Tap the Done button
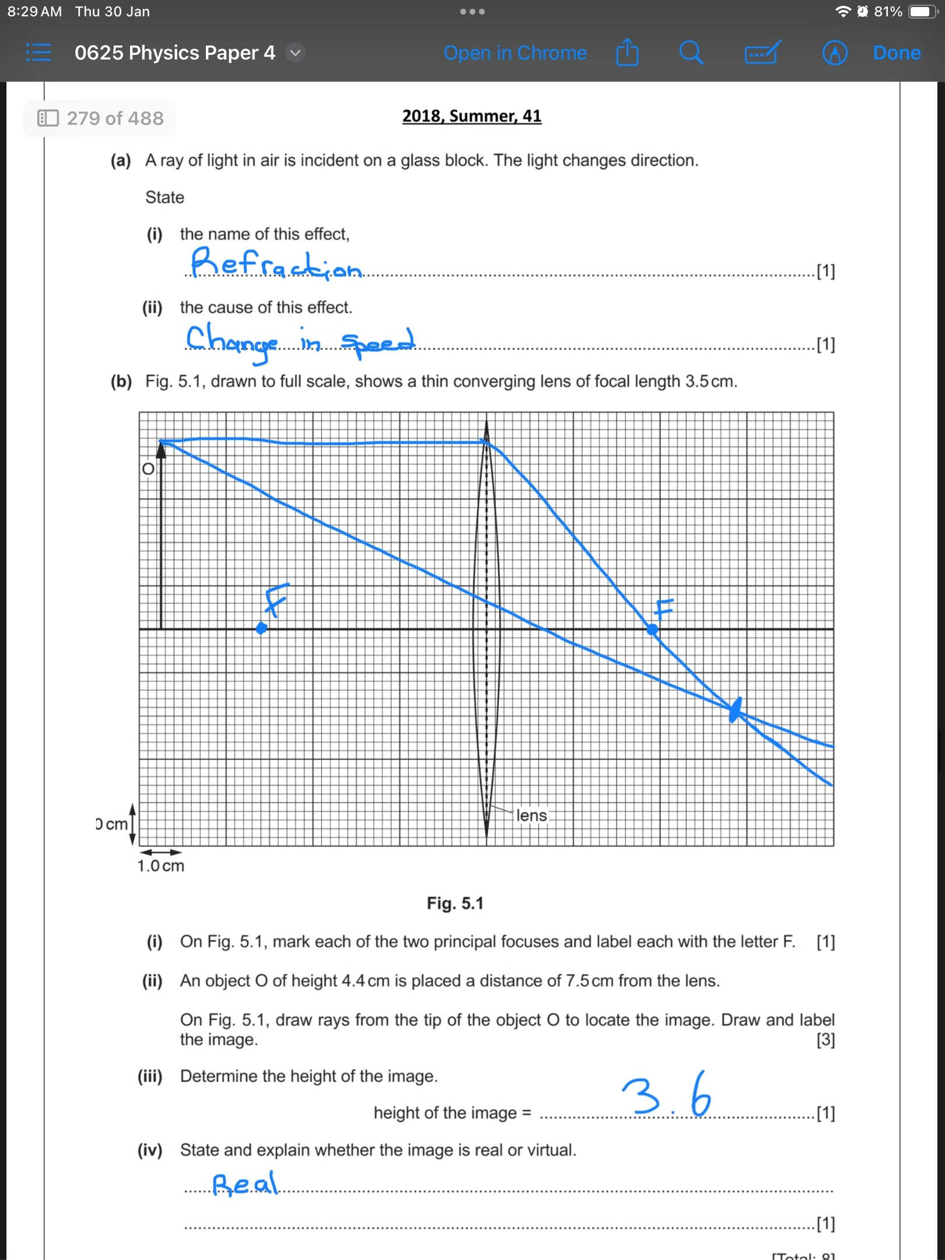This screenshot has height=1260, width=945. coord(897,53)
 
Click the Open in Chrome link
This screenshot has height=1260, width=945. coord(515,53)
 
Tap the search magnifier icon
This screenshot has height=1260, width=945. coord(691,53)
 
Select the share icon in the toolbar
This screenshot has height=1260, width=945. coord(628,53)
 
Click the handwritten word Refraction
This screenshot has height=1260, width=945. coord(276,264)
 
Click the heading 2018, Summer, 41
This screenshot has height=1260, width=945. coord(472,116)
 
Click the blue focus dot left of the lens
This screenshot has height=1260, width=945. coord(262,628)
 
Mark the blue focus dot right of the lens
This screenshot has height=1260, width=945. coord(653,629)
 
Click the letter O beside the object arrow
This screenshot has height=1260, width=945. coord(148,469)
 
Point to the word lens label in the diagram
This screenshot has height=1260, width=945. coord(531,815)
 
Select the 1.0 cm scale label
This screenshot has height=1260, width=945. coord(161,866)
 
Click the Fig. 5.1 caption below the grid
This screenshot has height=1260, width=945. coord(455,904)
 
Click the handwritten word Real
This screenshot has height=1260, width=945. coord(246,1184)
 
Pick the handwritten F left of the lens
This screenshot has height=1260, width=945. coord(276,599)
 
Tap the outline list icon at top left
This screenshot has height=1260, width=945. coord(38,53)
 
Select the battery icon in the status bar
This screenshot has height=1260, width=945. coord(922,12)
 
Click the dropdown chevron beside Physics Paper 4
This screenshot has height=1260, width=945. coord(296,53)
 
